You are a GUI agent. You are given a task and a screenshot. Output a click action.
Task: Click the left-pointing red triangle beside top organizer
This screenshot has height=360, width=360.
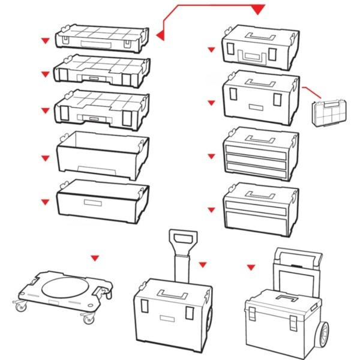pyautogui.click(x=160, y=36)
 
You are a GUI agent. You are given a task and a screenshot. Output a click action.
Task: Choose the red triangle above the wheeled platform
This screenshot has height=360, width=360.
pyautogui.click(x=94, y=258)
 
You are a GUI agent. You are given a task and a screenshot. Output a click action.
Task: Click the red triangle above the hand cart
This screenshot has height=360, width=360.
pyautogui.click(x=251, y=266)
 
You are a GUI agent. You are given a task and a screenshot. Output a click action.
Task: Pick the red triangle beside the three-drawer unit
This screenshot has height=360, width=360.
pyautogui.click(x=211, y=157)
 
